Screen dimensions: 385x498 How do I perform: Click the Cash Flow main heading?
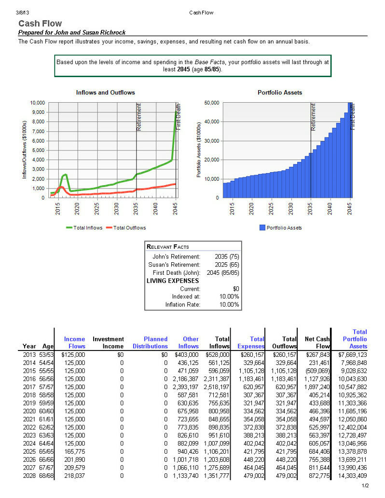coord(40,24)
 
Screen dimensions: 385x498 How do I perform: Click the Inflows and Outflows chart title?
coord(105,93)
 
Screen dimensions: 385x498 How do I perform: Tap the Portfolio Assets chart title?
coord(280,93)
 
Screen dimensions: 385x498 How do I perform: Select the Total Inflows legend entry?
coord(84,228)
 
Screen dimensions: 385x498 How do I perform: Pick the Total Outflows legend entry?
coord(126,228)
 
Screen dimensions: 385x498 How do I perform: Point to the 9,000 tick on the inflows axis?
coord(38,112)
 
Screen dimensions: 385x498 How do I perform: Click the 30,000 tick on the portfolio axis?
coord(211,141)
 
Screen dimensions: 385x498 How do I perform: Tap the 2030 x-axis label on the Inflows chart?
coord(116,209)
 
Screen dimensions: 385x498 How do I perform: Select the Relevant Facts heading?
coord(167,247)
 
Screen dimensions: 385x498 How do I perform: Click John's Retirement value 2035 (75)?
coord(227,256)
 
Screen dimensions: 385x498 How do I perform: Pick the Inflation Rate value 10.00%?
coord(229,305)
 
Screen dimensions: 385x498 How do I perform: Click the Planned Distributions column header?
coord(150,343)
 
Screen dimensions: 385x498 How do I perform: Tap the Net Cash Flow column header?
coord(317,343)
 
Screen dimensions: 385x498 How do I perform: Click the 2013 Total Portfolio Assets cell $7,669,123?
coord(352,354)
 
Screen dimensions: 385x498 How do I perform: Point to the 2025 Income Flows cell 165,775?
coord(75,451)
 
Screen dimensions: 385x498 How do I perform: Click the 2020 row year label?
coord(29,411)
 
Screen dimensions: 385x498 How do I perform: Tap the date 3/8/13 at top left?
coord(22,13)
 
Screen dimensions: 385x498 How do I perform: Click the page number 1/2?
coord(365,485)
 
